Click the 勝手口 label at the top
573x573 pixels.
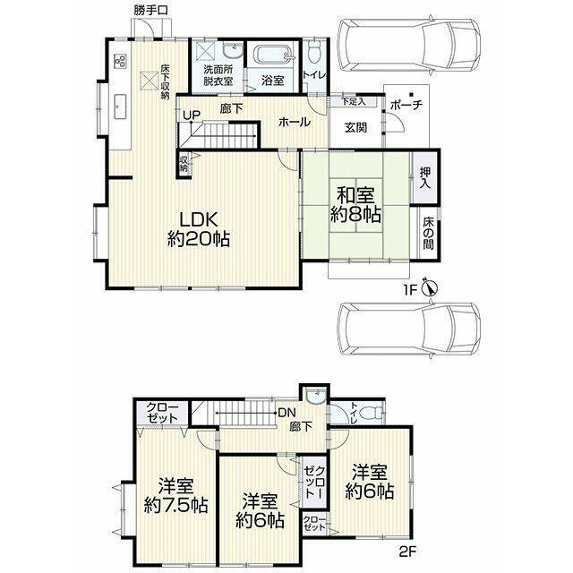(x=150, y=10)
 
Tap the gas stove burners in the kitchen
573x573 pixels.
(x=121, y=61)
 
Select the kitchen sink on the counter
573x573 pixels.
(x=120, y=107)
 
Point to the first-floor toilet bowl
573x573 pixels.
(x=314, y=52)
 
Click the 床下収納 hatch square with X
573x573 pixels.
(x=150, y=81)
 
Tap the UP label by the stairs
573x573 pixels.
(x=192, y=115)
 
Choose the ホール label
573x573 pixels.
(x=295, y=122)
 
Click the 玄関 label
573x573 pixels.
(x=355, y=128)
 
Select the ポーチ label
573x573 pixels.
(x=406, y=106)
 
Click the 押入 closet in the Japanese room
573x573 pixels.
(x=425, y=178)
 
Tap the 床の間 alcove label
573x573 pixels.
(x=428, y=233)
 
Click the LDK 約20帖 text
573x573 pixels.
(x=199, y=229)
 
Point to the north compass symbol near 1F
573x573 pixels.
(x=430, y=288)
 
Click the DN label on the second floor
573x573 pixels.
(x=286, y=413)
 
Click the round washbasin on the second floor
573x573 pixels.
(x=314, y=396)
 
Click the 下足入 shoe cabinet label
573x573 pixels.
(x=354, y=101)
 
